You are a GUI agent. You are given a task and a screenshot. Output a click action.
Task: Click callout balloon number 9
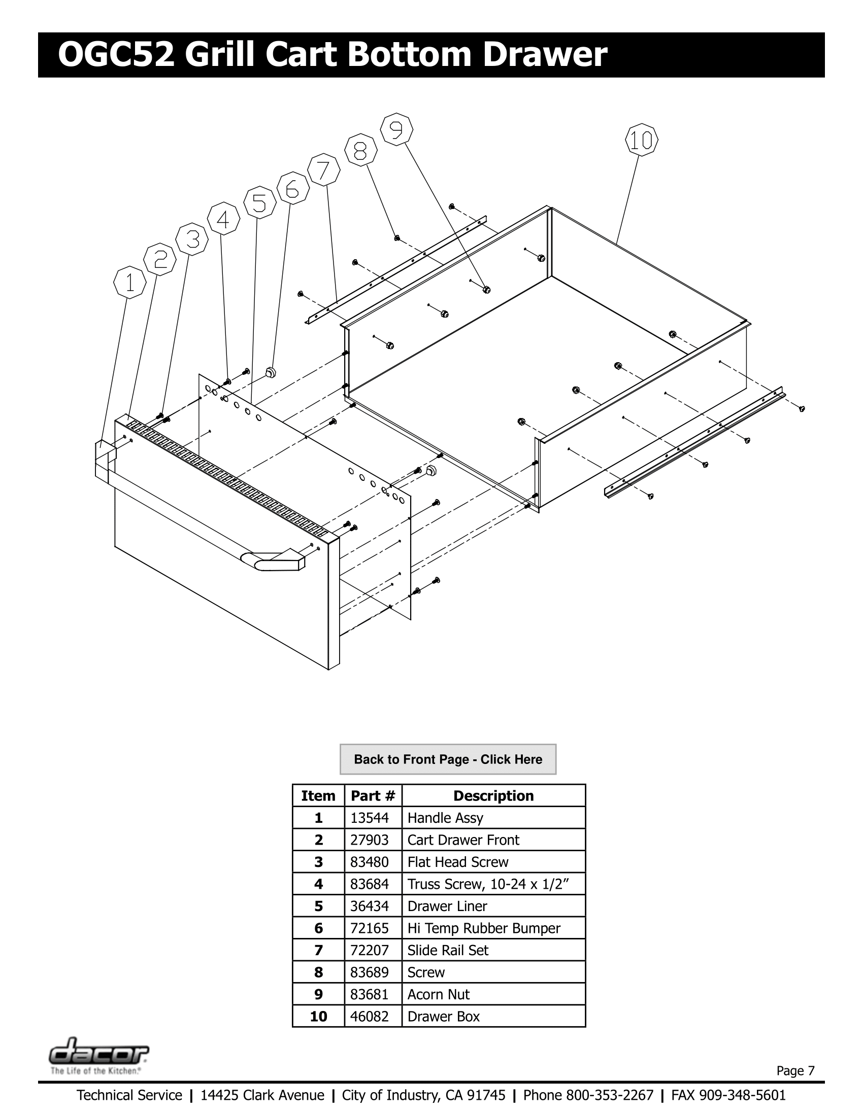[x=397, y=130]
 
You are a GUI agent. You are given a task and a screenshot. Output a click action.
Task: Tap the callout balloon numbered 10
[x=641, y=140]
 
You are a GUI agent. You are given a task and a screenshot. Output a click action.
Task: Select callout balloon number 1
[x=130, y=283]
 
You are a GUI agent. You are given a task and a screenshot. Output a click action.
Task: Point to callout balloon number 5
[x=260, y=203]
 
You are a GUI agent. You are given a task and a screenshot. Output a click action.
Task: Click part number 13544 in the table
[x=369, y=818]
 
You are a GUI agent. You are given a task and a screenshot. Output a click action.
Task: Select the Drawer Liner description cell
[x=447, y=906]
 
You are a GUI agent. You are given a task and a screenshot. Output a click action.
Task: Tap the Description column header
[x=493, y=795]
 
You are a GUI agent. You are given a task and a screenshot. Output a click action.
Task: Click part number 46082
[x=369, y=1017]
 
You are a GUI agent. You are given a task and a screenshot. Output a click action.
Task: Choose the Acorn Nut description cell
[x=438, y=994]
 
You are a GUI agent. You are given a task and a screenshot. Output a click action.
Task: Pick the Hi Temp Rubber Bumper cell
[x=483, y=928]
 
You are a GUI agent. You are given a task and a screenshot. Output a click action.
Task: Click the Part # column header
[x=373, y=795]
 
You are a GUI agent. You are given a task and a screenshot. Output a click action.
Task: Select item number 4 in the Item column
[x=318, y=884]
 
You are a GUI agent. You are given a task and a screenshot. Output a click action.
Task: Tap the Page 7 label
[x=795, y=1070]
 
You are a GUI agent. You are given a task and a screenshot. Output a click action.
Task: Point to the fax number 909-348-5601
[x=742, y=1096]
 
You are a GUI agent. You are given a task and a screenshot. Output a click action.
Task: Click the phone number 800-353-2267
[x=609, y=1096]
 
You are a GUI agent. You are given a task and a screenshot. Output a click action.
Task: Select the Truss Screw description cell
[x=488, y=884]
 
